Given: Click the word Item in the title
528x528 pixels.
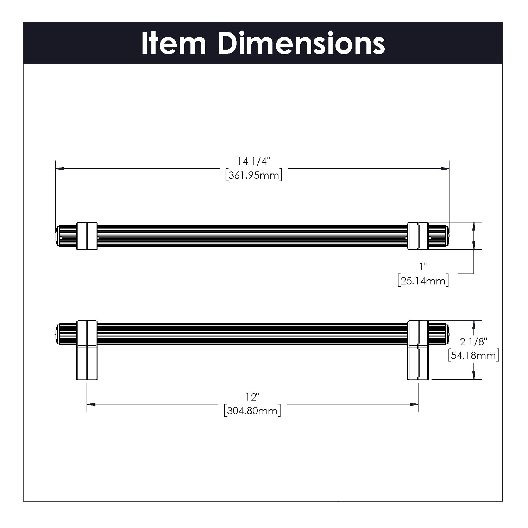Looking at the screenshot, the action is (174, 43).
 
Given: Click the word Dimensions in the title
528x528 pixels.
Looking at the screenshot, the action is (302, 43).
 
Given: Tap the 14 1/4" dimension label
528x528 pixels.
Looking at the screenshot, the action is (253, 162).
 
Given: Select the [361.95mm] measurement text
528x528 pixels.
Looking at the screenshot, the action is (254, 175).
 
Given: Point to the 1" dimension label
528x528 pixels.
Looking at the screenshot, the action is (423, 268).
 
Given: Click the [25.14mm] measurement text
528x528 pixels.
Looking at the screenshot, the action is (423, 281).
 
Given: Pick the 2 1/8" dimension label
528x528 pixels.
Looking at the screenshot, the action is (474, 341).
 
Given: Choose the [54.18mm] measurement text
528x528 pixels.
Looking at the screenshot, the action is (474, 355).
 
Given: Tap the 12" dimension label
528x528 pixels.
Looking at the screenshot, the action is (252, 397).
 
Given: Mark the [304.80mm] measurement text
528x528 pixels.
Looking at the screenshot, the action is (252, 410).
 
